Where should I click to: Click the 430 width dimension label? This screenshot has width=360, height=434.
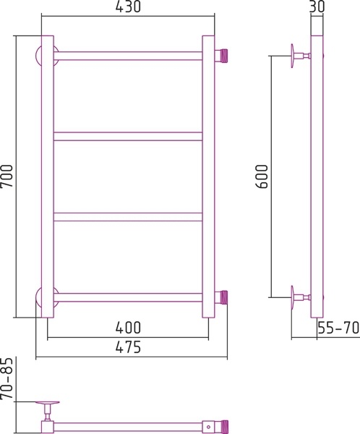point(128,7)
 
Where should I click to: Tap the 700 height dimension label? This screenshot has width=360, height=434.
point(7,176)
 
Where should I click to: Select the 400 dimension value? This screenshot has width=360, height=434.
point(128,328)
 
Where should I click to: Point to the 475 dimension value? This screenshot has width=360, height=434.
point(128,346)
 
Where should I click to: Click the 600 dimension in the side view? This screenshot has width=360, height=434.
point(262,176)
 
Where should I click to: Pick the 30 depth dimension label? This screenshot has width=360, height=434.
point(317,7)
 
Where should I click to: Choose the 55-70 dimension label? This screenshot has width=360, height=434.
point(338,328)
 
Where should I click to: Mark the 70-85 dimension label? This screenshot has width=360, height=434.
point(7,378)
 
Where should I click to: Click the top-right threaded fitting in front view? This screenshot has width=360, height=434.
point(221,56)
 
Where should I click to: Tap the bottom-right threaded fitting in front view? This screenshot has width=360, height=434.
point(221,297)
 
